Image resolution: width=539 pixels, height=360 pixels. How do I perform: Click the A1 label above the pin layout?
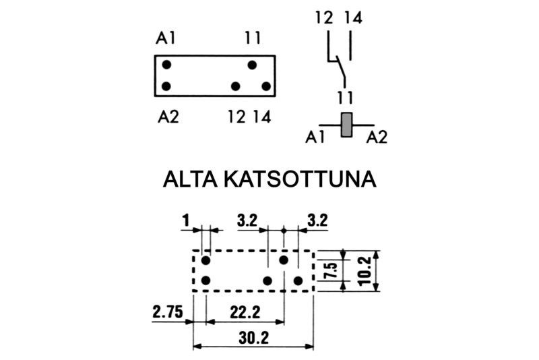coord(166,38)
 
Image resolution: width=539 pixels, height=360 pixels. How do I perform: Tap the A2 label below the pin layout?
coord(168,117)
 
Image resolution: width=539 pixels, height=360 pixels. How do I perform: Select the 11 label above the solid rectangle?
coord(253,38)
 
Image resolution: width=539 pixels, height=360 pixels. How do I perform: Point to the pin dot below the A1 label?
coord(166,65)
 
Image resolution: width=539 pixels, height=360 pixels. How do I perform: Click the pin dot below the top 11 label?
coord(252,65)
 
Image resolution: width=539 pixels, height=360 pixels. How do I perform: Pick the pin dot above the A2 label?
coord(166,86)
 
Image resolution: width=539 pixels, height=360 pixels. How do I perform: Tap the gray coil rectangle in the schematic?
coord(347,125)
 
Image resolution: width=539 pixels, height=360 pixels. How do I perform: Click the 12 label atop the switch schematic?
coord(324,18)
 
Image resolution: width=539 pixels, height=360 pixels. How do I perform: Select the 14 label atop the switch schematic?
coord(352,18)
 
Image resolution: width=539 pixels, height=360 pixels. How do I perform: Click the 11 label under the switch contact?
coord(345,96)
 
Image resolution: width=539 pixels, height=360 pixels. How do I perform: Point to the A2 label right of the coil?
coord(377,138)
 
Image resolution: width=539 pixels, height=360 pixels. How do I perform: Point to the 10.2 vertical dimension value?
coord(364,270)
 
